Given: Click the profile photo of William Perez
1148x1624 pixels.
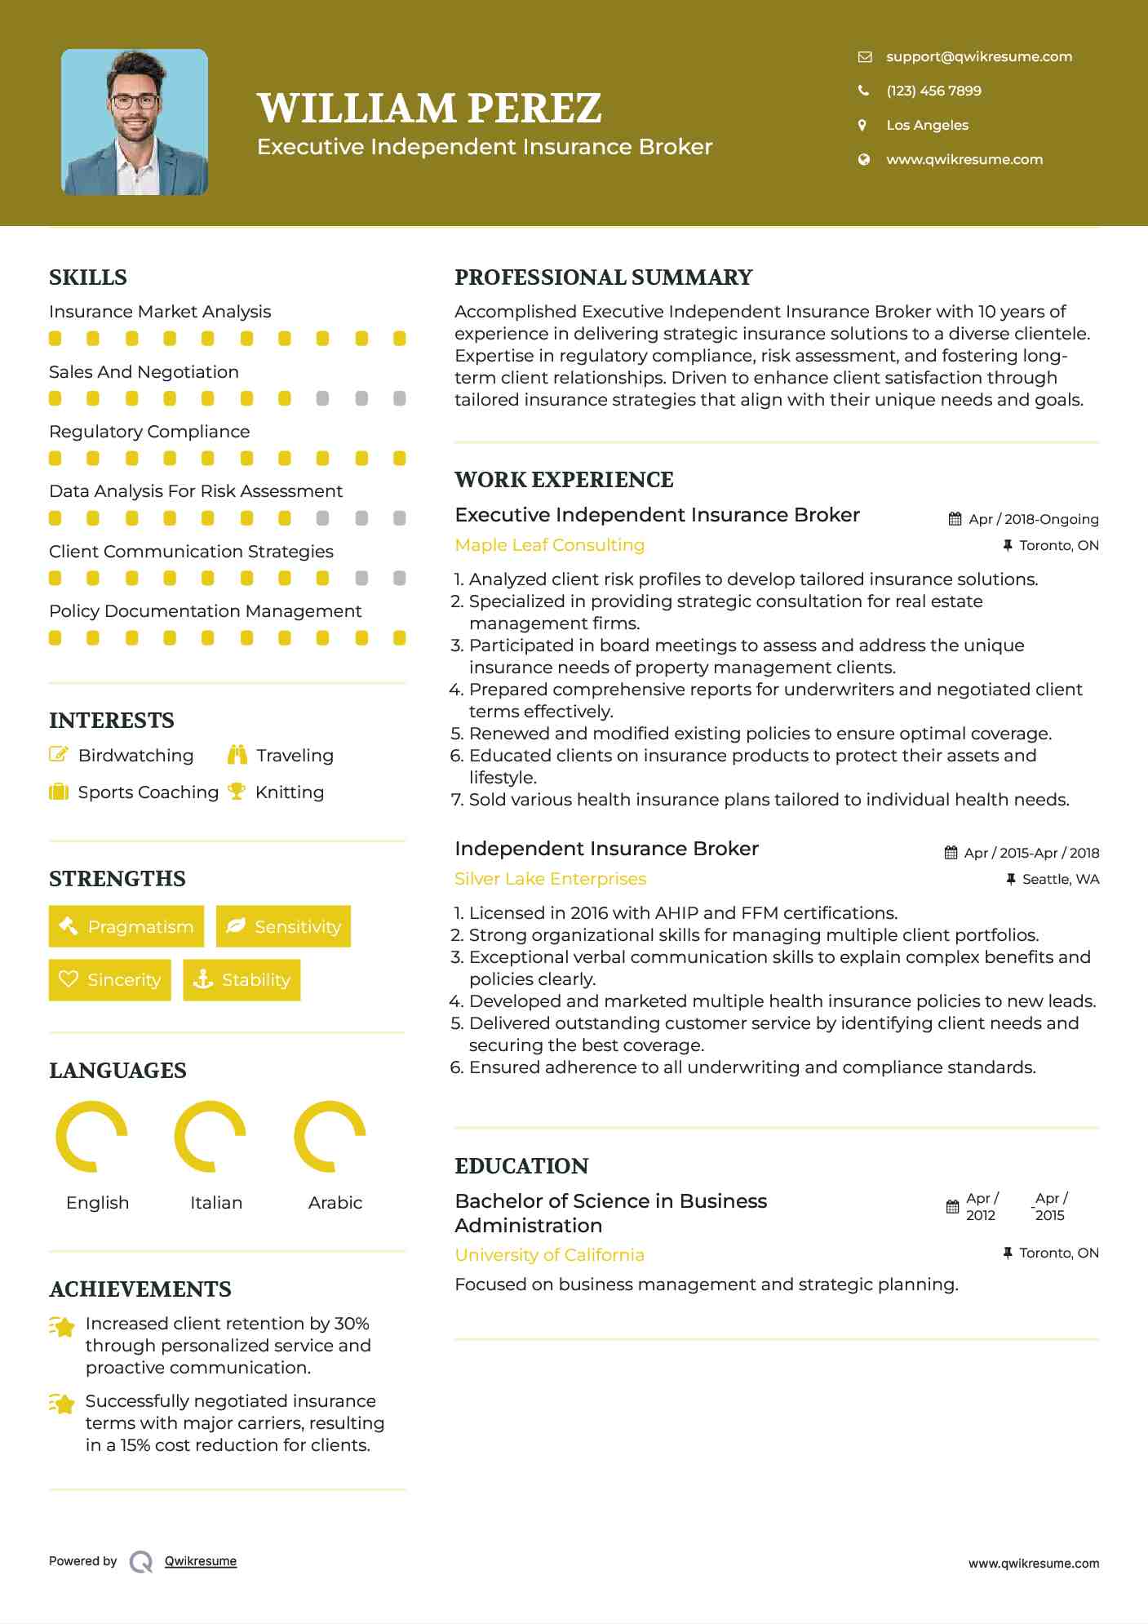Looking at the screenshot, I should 135,122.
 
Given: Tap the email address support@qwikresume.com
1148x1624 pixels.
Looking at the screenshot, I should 978,56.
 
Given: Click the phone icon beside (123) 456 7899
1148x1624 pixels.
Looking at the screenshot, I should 863,91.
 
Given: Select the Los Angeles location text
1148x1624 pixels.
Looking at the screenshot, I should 927,125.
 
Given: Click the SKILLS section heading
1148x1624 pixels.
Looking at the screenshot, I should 88,277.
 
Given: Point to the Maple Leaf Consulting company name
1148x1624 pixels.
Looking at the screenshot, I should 549,545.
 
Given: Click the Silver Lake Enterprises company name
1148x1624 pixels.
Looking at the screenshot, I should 550,879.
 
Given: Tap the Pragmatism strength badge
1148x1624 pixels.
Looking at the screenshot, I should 126,926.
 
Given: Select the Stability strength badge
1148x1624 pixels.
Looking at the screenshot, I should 242,979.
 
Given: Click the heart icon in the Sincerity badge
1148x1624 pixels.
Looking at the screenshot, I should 69,979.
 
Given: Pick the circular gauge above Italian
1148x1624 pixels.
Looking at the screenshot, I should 211,1136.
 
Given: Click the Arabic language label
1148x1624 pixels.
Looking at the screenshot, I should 335,1203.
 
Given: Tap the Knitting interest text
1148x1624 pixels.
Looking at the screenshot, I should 289,792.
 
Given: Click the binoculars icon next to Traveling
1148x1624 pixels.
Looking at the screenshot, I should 237,755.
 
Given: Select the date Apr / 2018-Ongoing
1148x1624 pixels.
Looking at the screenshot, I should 1033,520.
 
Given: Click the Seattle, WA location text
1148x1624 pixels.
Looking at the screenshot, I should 1060,880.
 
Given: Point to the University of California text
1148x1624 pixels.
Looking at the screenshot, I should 549,1255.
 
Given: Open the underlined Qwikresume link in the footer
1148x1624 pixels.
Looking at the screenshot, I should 201,1561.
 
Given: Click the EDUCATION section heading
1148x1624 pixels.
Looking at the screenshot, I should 521,1166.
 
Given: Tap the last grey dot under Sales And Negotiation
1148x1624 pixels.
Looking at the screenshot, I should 400,398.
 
